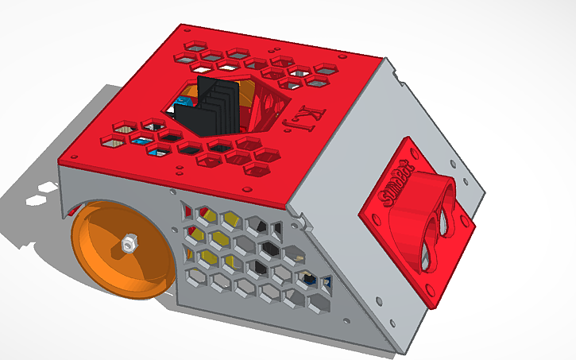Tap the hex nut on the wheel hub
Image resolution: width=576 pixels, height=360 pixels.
[x=127, y=242]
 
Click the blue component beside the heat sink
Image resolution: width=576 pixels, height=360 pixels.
[x=182, y=104]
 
